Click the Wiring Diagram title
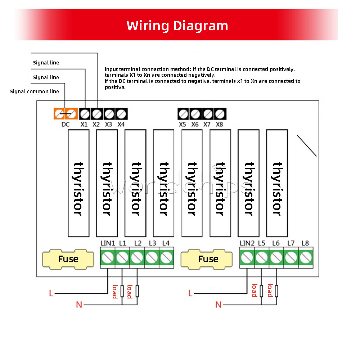click(177, 26)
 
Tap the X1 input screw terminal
click(84, 114)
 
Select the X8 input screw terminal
click(220, 114)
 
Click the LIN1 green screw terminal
click(108, 257)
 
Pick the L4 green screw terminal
click(166, 257)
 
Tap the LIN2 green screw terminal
click(247, 257)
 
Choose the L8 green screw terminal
click(306, 257)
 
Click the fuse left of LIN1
click(68, 259)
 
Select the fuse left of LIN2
click(208, 259)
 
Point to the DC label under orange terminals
click(65, 125)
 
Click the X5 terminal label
click(183, 125)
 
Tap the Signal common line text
click(35, 91)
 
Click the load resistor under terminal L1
click(122, 291)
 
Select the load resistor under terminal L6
click(276, 291)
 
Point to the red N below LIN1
click(79, 305)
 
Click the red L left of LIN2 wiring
click(190, 293)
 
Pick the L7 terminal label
click(291, 243)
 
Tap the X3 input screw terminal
click(109, 114)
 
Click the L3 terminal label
click(152, 243)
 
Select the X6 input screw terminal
click(195, 114)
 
